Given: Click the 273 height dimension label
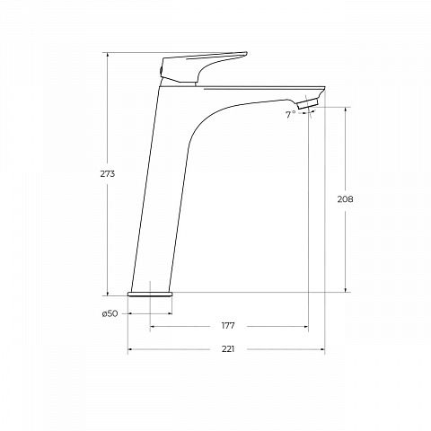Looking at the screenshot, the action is (108, 174).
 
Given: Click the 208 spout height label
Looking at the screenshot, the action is (345, 199).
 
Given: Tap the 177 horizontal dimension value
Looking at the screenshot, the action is (228, 326).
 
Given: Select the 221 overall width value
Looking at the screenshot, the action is (228, 349).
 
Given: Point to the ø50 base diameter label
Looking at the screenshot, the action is (110, 313).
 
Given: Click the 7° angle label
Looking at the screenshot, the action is (290, 114).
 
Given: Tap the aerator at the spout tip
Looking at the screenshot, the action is (307, 104).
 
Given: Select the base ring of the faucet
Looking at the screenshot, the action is (150, 295).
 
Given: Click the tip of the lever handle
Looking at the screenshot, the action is (246, 53).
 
